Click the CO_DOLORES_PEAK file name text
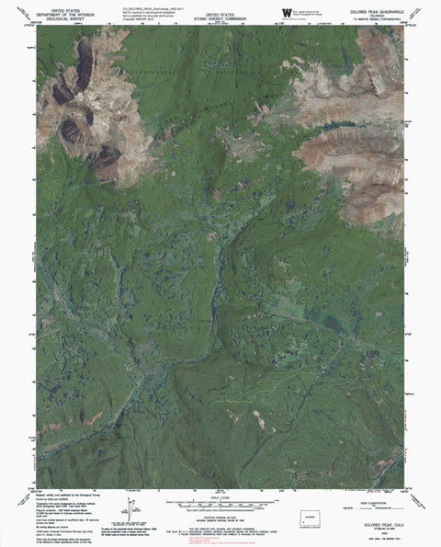(146, 6)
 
